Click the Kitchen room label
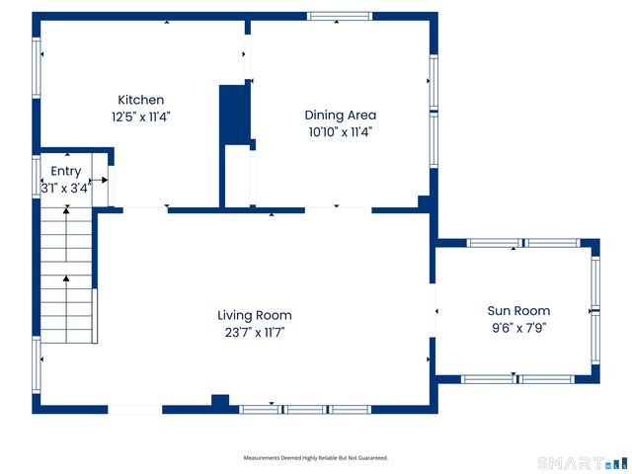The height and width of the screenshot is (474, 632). point(140,100)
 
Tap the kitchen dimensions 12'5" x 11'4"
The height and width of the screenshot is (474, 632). point(141,117)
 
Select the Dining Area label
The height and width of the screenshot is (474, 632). point(340,115)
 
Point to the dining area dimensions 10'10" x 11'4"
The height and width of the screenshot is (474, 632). point(340,131)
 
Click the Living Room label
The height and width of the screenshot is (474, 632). point(255,315)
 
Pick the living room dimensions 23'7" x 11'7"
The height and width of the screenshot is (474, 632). point(255,332)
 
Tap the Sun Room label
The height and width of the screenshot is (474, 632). point(518,310)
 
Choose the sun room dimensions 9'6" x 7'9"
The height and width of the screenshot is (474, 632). point(518,327)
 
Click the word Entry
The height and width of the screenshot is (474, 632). point(66,171)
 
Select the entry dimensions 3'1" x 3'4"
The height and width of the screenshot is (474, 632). point(66,188)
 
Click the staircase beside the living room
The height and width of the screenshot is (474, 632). point(66,276)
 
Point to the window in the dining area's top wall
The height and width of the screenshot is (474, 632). point(340,16)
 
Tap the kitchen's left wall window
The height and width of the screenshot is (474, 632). point(37,68)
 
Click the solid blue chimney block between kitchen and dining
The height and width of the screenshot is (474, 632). point(235,115)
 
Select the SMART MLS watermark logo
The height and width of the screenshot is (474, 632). point(583,463)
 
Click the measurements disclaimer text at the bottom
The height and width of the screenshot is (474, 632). point(316,458)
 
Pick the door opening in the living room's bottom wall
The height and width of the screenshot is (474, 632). point(135,409)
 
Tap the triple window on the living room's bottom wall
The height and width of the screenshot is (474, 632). point(305,410)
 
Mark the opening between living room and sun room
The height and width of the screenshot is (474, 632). point(433,310)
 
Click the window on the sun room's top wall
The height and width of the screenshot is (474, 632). point(523,243)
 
